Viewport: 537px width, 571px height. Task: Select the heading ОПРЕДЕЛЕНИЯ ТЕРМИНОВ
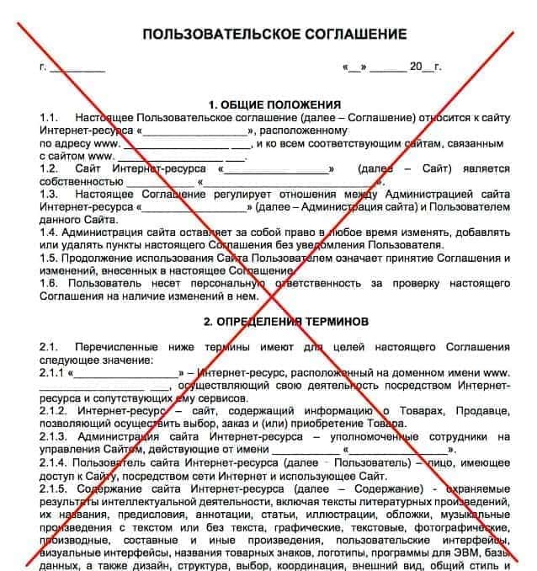[274, 322]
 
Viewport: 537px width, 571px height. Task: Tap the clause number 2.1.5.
[55, 488]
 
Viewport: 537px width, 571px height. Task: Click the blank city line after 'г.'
[77, 67]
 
